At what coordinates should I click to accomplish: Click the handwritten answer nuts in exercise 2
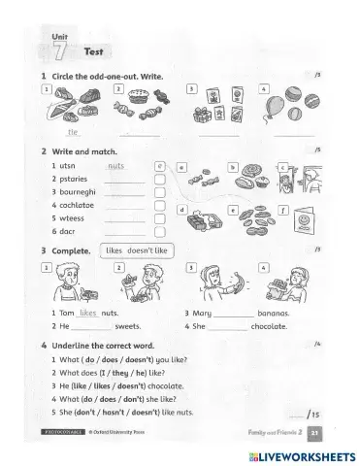116,166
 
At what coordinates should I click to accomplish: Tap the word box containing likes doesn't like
136,250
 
